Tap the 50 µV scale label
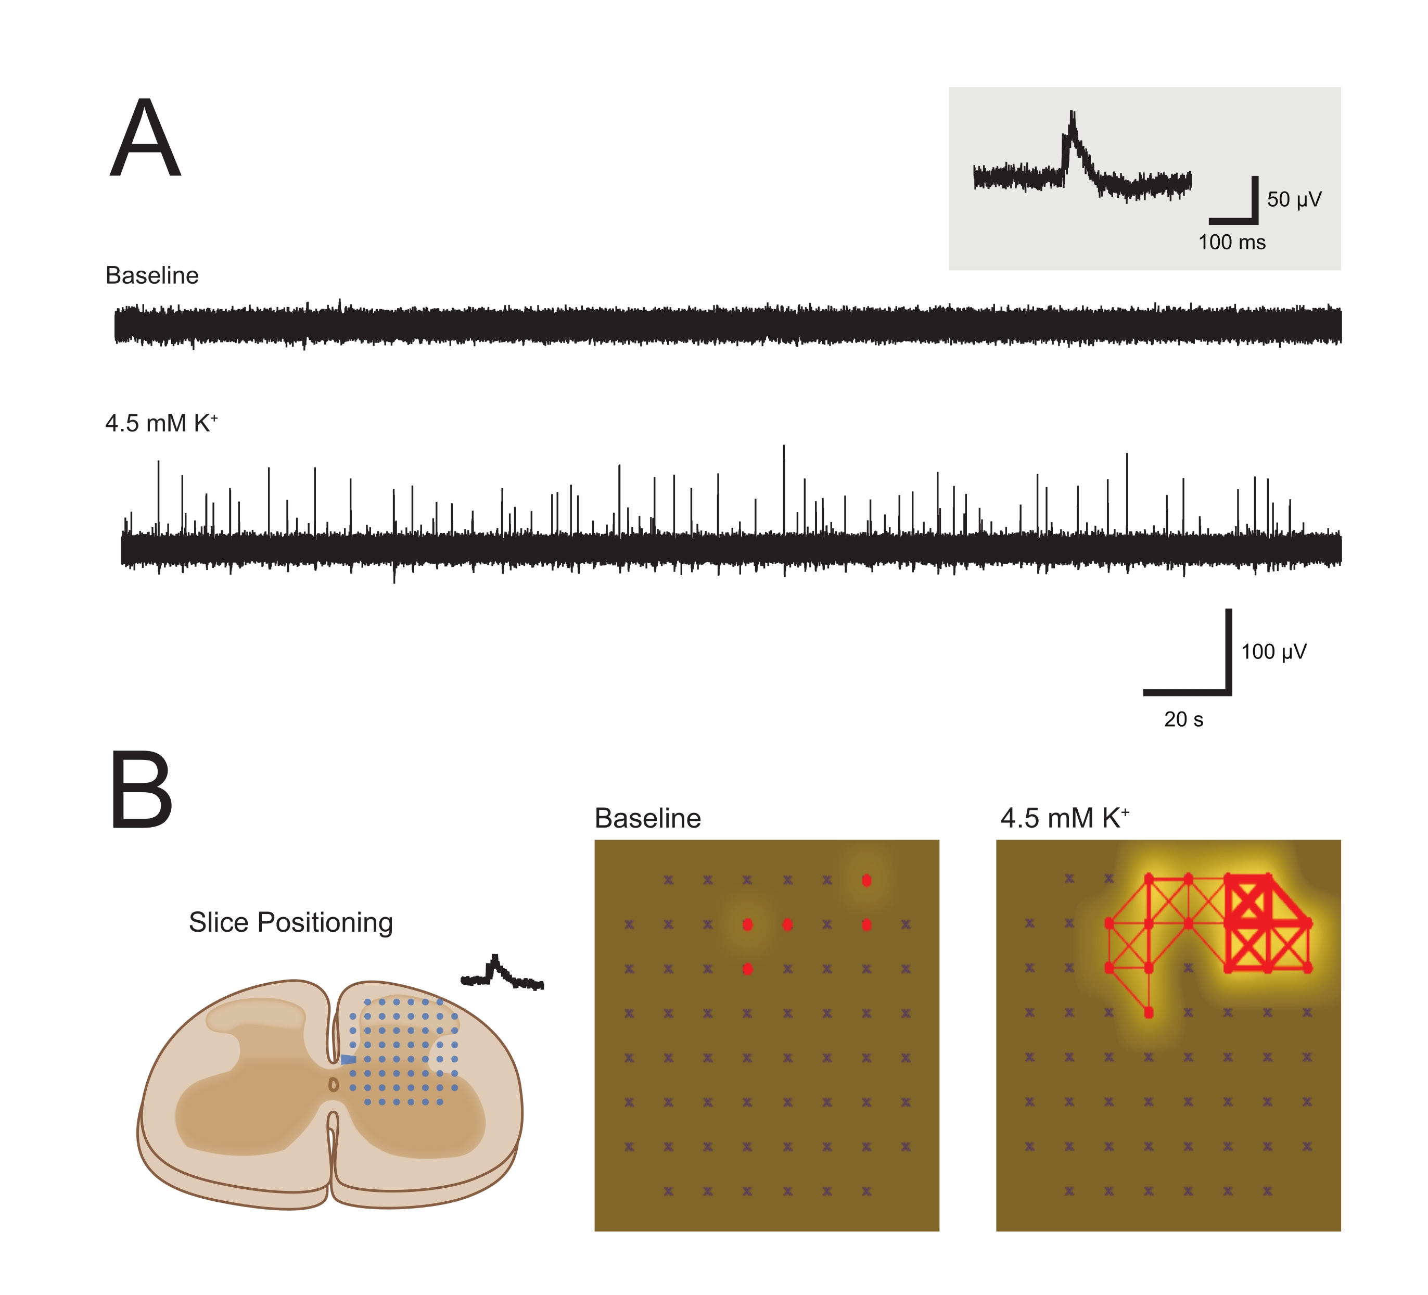[1293, 200]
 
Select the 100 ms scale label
[1231, 242]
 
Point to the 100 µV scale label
[1273, 652]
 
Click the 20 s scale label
[1183, 720]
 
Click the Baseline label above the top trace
[151, 275]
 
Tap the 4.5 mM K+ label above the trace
[161, 423]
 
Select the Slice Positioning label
[290, 922]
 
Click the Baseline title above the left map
[647, 818]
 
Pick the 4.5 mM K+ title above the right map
[1064, 818]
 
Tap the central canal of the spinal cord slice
[334, 1085]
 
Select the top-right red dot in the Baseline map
[866, 881]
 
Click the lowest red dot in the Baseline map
[747, 969]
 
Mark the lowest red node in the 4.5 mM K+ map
[1148, 1013]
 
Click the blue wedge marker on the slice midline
[348, 1059]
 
